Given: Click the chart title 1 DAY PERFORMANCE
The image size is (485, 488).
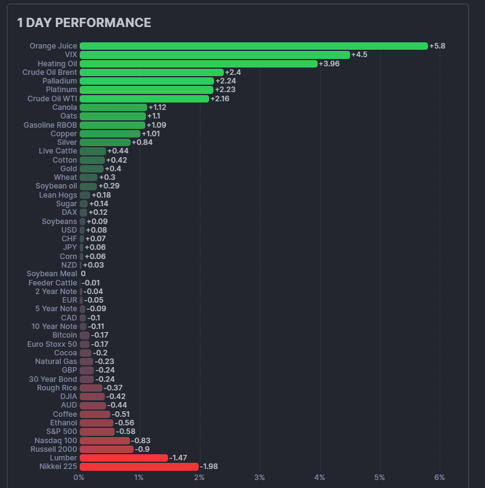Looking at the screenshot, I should [x=84, y=23].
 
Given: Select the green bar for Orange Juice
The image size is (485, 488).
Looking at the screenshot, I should [x=253, y=46].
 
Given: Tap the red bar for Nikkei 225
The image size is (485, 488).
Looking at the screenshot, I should [x=139, y=467].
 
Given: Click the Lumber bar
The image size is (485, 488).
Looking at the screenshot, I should [x=123, y=458].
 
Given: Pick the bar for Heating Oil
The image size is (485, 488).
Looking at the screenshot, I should [x=199, y=64].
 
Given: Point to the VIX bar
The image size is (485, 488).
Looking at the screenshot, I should [x=215, y=55].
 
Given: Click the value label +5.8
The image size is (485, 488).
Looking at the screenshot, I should [x=437, y=46].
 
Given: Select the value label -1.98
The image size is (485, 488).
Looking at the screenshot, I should [x=208, y=467].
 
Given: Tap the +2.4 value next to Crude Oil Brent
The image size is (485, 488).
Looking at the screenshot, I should [x=233, y=72].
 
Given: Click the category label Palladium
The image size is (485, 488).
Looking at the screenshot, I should [x=60, y=81].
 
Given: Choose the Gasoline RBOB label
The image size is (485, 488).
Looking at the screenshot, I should [x=50, y=125].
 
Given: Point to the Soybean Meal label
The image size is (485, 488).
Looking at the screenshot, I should [x=52, y=274].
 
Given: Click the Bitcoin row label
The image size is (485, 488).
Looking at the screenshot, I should [x=64, y=335].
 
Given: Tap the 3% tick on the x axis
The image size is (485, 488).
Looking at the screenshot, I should [x=259, y=478].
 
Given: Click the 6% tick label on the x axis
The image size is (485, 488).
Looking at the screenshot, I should [x=440, y=478].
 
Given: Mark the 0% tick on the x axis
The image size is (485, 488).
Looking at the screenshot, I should [x=79, y=478].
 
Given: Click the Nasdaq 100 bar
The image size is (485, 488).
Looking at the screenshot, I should [x=105, y=440].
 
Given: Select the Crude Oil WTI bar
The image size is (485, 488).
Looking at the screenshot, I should [x=144, y=99].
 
